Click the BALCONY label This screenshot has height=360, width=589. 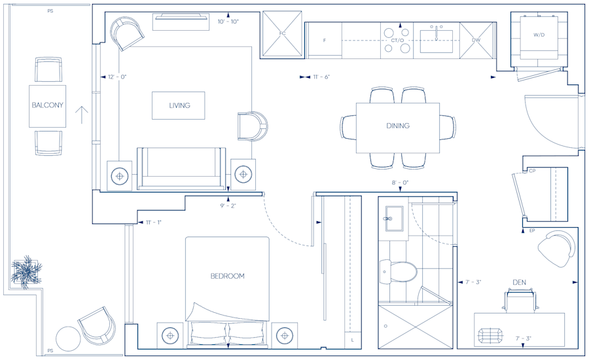coord(47,105)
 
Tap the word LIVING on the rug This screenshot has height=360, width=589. coord(179,105)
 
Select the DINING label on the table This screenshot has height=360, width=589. coord(398,126)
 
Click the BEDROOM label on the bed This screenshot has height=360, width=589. coord(227,276)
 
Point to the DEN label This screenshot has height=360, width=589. coord(519,282)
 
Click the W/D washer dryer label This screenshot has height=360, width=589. coord(539,35)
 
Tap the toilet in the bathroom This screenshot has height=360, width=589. coord(398,272)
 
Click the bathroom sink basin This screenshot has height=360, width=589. coord(394,219)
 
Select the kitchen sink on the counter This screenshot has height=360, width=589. coord(436,41)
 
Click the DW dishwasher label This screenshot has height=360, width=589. coord(476,40)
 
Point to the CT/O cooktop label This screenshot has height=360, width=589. coord(397,40)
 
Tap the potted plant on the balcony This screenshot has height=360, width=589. coord(26,272)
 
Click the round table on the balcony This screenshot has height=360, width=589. coord(68,338)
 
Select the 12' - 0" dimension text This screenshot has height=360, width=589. coord(117,77)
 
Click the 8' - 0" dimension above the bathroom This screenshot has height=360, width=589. coord(400,183)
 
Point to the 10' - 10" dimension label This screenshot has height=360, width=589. coord(228,22)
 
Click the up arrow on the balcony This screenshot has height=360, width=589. coord(82,115)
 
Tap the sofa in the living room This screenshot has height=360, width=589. coord(181,168)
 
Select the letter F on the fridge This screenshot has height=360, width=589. coord(325,40)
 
